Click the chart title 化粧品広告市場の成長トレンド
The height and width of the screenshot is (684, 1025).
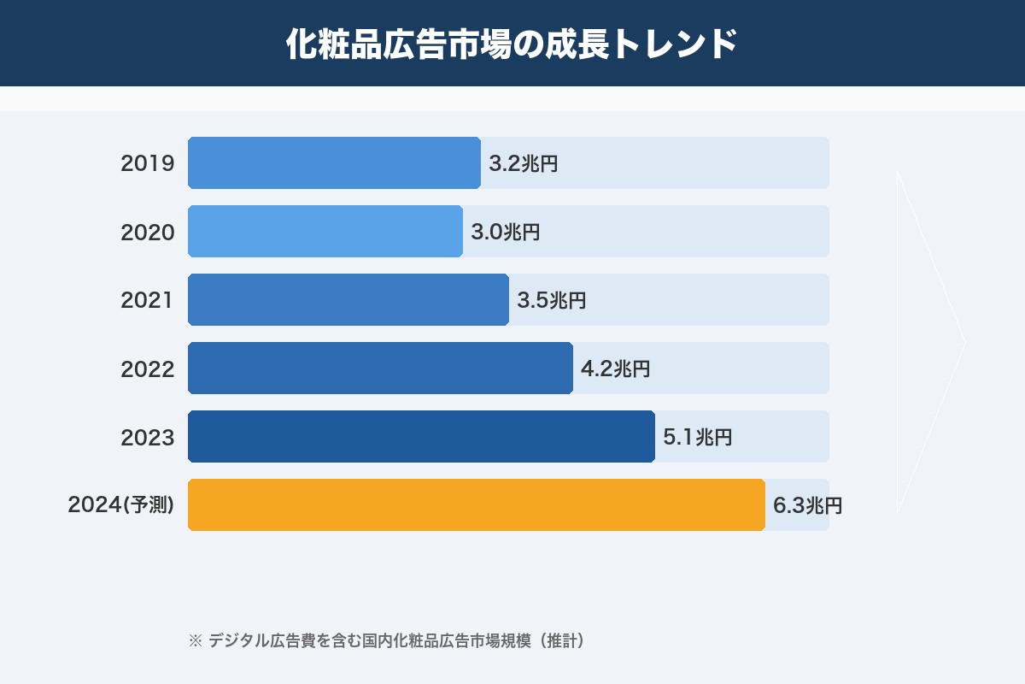(x=512, y=44)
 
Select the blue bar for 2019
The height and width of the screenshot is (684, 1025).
(x=334, y=162)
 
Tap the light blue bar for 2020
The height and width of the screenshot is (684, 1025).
(x=325, y=231)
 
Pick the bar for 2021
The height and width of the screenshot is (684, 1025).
(x=348, y=299)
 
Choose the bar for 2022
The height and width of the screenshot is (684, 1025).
(x=380, y=368)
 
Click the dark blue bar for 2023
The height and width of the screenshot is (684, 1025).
(x=421, y=436)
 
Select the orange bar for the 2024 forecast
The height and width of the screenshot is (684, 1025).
(x=476, y=504)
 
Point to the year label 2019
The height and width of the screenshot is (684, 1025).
(x=148, y=163)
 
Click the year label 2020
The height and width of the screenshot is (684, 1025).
(x=148, y=232)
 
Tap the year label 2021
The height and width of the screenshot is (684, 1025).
(x=148, y=300)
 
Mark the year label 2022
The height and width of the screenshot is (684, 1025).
(x=148, y=369)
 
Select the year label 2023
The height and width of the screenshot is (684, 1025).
(x=148, y=437)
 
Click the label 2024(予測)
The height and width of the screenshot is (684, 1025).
(x=121, y=505)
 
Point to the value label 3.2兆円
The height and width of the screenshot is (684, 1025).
(x=523, y=163)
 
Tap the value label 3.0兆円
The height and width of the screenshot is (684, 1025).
(x=505, y=232)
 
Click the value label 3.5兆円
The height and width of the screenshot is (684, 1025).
(x=551, y=300)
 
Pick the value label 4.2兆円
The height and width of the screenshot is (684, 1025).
(x=615, y=369)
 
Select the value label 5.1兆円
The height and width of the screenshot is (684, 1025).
(x=697, y=437)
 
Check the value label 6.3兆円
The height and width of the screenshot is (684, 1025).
(x=807, y=505)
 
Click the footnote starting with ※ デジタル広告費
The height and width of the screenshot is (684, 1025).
(x=386, y=640)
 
